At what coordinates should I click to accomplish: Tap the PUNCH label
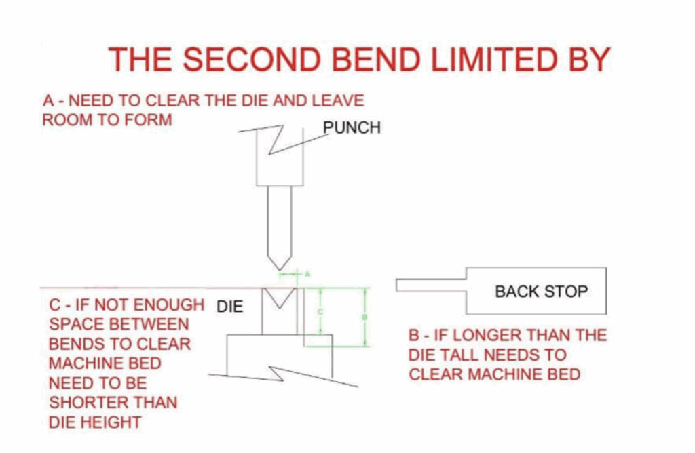tap(352, 127)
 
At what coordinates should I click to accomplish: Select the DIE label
tap(229, 307)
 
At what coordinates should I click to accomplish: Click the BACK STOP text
tap(541, 292)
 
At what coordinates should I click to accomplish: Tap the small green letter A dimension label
tap(307, 274)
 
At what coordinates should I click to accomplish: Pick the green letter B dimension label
tap(365, 317)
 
